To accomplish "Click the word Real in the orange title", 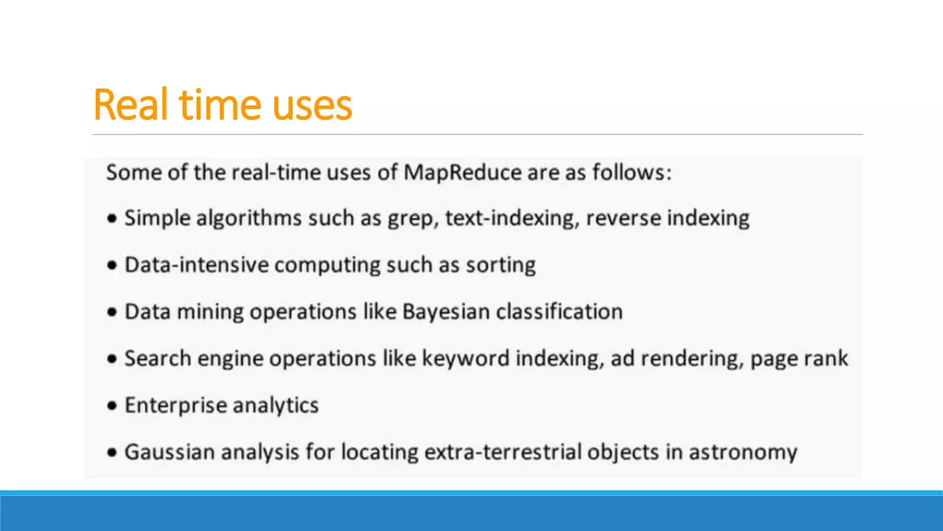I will [x=130, y=105].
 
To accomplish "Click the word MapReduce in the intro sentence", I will [x=462, y=173].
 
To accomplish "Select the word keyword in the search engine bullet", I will [x=466, y=359].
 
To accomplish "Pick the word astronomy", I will [x=743, y=453].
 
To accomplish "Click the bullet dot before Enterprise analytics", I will [x=112, y=406].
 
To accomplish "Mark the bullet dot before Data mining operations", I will [x=112, y=312].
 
